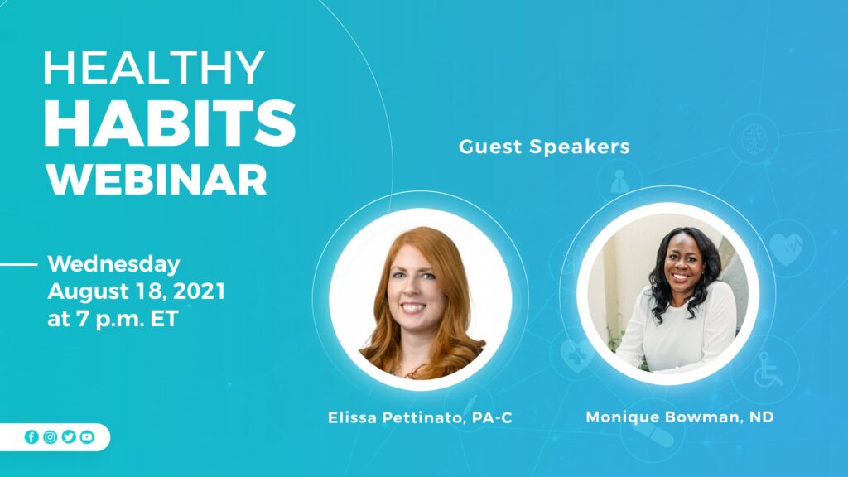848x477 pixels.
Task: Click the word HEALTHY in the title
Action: click(x=154, y=68)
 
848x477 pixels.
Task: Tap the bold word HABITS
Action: click(x=170, y=124)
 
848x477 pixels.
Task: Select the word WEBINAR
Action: click(x=157, y=180)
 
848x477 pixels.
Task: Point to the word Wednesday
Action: click(x=114, y=264)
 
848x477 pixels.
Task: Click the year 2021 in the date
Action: click(x=199, y=291)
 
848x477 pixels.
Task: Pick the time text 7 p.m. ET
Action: click(x=128, y=319)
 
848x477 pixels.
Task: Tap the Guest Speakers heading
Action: click(x=544, y=147)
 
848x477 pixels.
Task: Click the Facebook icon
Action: click(x=32, y=437)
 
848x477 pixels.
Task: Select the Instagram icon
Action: click(x=51, y=437)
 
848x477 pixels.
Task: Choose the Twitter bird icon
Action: click(x=69, y=437)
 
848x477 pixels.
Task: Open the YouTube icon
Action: click(x=87, y=437)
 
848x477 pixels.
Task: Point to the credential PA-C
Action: click(x=492, y=417)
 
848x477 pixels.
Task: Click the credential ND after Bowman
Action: click(x=762, y=417)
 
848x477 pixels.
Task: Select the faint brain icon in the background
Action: click(x=754, y=139)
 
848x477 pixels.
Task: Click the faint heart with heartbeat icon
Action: click(x=787, y=248)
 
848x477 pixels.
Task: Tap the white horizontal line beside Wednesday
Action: click(x=19, y=264)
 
